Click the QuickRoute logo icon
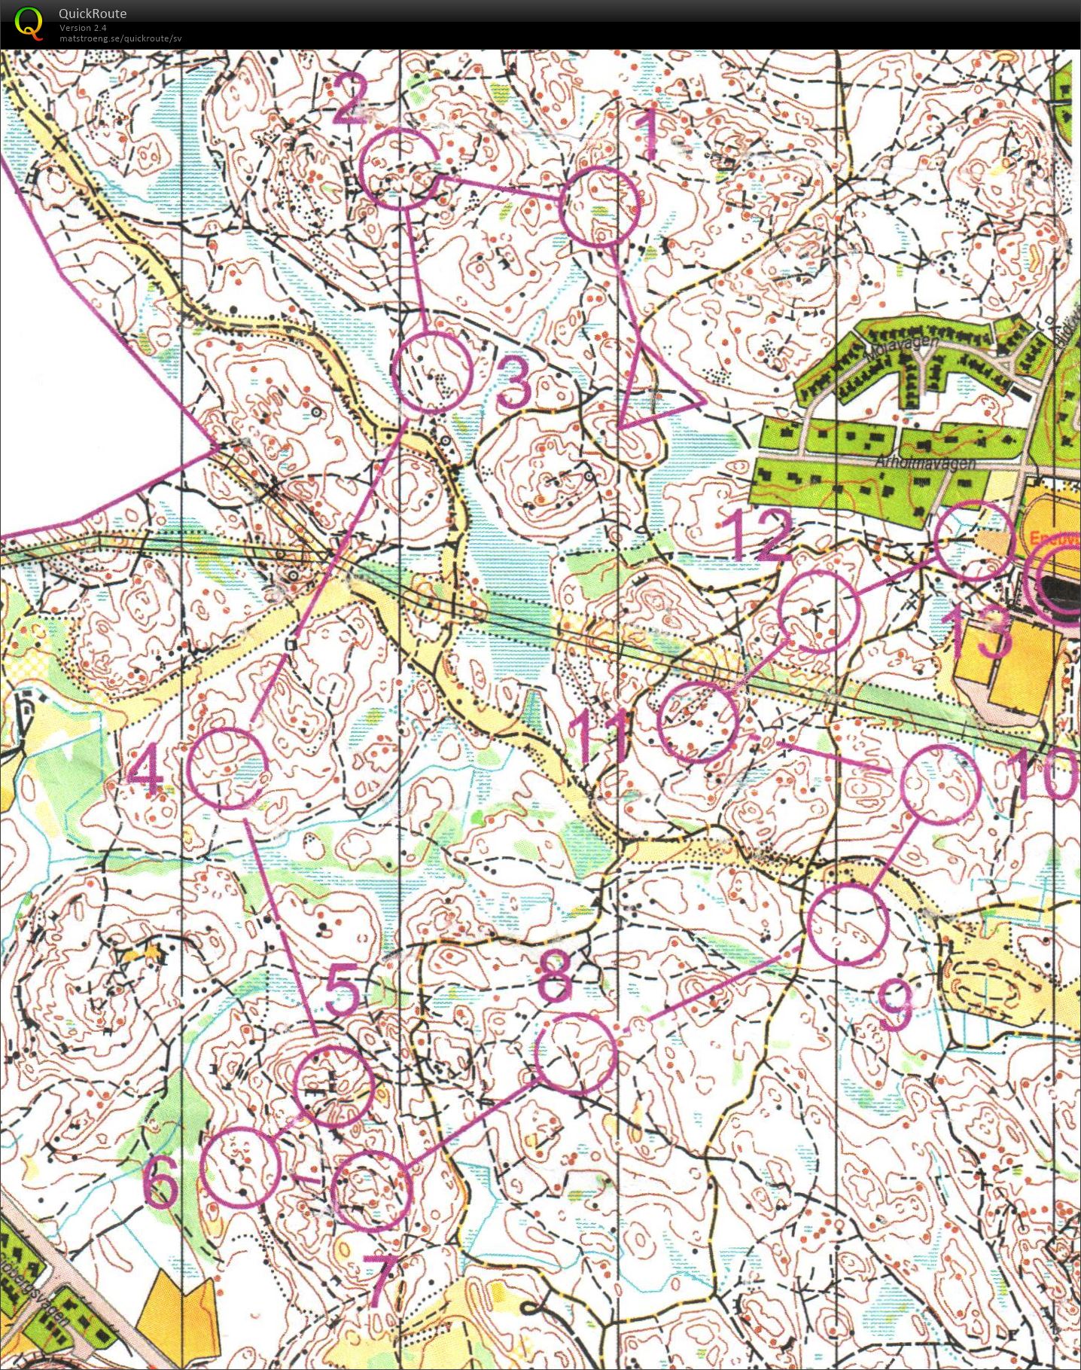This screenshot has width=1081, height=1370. click(29, 22)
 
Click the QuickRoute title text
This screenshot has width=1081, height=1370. click(93, 14)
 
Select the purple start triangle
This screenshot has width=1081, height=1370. click(650, 392)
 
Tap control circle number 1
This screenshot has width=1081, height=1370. click(601, 206)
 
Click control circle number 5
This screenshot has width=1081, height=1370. click(333, 1085)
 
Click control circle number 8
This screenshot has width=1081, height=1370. click(576, 1053)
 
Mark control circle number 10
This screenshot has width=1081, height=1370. click(939, 785)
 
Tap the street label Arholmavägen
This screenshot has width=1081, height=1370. click(925, 462)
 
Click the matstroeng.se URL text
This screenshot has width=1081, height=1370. click(120, 38)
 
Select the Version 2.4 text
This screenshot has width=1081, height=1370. click(83, 28)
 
